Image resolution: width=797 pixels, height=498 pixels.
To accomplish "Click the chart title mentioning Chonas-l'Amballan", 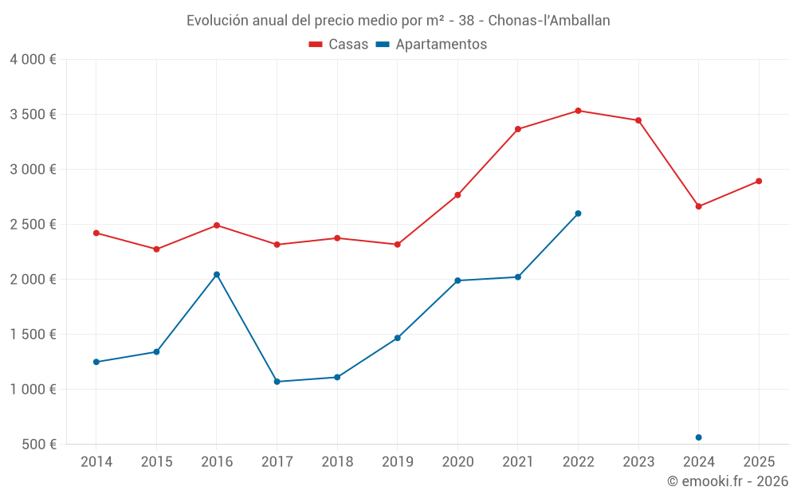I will [x=398, y=21].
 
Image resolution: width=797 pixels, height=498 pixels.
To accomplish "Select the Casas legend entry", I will [x=339, y=45].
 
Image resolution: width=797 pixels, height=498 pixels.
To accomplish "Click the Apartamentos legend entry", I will [x=431, y=45].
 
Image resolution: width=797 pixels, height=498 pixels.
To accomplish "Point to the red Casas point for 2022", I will [x=578, y=111].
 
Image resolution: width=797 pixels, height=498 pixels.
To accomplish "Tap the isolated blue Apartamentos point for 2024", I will [x=698, y=437].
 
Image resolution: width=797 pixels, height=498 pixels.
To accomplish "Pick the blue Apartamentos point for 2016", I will [x=217, y=274].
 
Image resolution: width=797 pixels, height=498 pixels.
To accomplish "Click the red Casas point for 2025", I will [x=759, y=181].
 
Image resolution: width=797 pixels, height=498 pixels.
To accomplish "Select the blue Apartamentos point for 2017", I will [x=277, y=382].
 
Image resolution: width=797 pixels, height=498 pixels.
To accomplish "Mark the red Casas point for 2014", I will [x=96, y=233].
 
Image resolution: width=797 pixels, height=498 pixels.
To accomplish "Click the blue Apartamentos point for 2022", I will [x=578, y=214].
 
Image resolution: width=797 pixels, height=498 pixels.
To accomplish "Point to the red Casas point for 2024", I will [x=698, y=206].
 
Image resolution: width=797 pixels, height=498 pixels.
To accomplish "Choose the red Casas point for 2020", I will [x=457, y=195].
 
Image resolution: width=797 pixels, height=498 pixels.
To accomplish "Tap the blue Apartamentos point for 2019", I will [x=398, y=338].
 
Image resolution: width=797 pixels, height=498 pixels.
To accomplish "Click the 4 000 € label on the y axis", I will [x=33, y=60].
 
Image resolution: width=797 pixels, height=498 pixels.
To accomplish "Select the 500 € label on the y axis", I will [x=38, y=445].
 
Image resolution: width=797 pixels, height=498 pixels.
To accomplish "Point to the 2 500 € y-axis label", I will [x=33, y=225].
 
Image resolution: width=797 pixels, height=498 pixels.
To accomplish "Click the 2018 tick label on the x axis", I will [x=337, y=462].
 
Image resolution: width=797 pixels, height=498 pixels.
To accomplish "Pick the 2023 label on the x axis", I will [x=638, y=462].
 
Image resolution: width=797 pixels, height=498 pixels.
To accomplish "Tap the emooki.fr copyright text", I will [x=727, y=481].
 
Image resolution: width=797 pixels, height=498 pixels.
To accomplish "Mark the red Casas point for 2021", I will [x=518, y=129].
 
